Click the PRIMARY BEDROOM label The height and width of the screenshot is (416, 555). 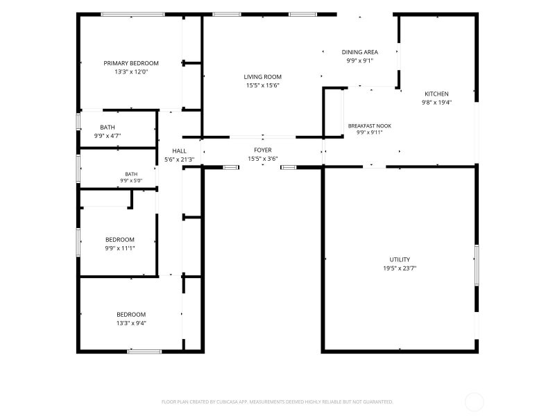pos(131,63)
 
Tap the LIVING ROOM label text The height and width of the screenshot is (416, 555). pos(263,77)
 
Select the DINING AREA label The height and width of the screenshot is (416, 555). pos(359,52)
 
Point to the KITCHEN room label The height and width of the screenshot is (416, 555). pos(436,94)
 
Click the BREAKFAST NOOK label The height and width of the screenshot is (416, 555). pos(370,125)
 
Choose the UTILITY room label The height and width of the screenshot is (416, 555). pos(400,259)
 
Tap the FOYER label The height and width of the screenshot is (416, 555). pos(263,150)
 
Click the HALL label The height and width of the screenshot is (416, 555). pos(180,151)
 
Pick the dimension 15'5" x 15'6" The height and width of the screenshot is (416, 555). pos(263,85)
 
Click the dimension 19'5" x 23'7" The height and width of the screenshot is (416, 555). pos(400,268)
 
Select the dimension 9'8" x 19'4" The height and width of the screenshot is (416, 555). pos(436,103)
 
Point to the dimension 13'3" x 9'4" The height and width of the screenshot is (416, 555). pos(131,323)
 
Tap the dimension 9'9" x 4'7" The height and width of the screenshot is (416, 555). pos(108,136)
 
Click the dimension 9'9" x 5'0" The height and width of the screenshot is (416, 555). pos(131,180)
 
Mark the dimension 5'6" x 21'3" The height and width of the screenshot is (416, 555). pos(180,159)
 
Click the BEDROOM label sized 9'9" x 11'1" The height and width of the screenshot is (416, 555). pos(120,239)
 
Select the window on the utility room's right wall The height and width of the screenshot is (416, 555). pos(477,265)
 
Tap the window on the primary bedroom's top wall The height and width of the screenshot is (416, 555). pos(133,15)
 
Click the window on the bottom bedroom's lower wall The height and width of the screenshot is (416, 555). pos(144,352)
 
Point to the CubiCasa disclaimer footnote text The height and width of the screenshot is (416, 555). pos(277,402)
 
